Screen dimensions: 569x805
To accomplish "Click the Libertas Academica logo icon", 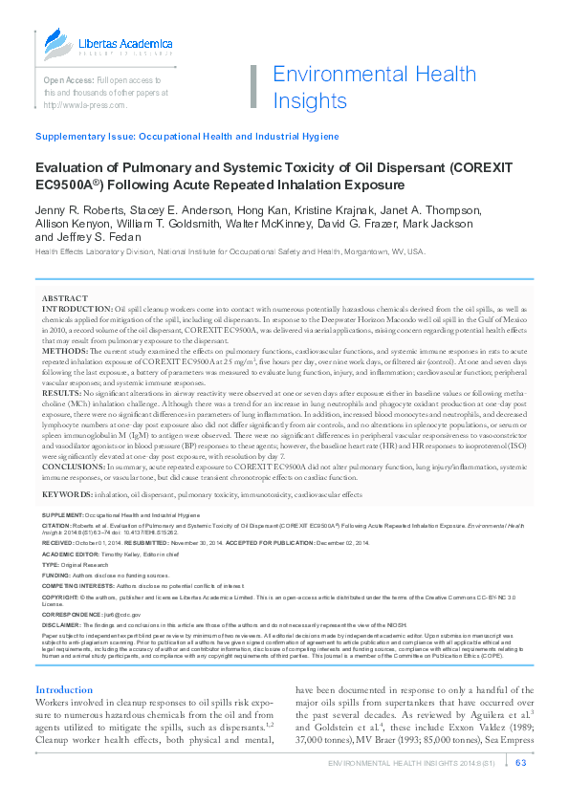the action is point(56,44).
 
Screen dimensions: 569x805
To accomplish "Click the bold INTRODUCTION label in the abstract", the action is point(77,311).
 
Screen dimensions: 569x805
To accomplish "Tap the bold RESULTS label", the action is point(62,392).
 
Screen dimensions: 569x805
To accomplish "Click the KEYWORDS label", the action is point(67,495).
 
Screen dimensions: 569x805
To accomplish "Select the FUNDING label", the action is point(56,576).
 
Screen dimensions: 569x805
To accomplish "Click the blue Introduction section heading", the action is point(64,690).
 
